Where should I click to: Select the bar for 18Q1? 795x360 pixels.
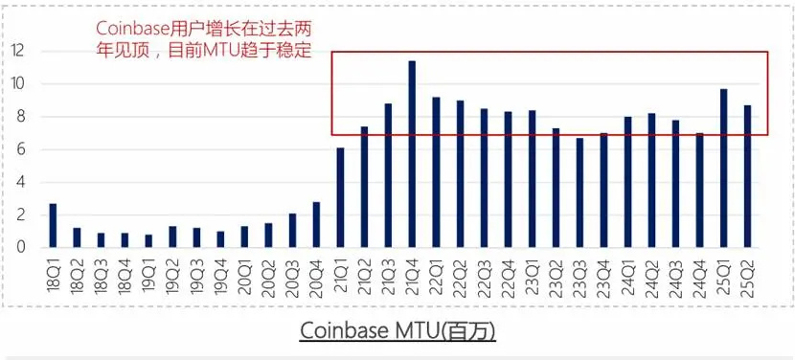[x=53, y=225]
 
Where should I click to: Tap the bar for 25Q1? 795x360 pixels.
[x=723, y=168]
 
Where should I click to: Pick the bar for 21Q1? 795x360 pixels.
[x=340, y=197]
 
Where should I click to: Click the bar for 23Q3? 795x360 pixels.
[x=579, y=192]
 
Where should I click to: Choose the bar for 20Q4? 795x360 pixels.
[x=316, y=224]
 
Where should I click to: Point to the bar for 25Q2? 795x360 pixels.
[x=747, y=176]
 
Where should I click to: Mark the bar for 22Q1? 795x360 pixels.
[x=436, y=172]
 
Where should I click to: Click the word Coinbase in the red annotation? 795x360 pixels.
[x=136, y=29]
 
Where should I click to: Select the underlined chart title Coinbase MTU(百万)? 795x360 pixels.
[x=397, y=330]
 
